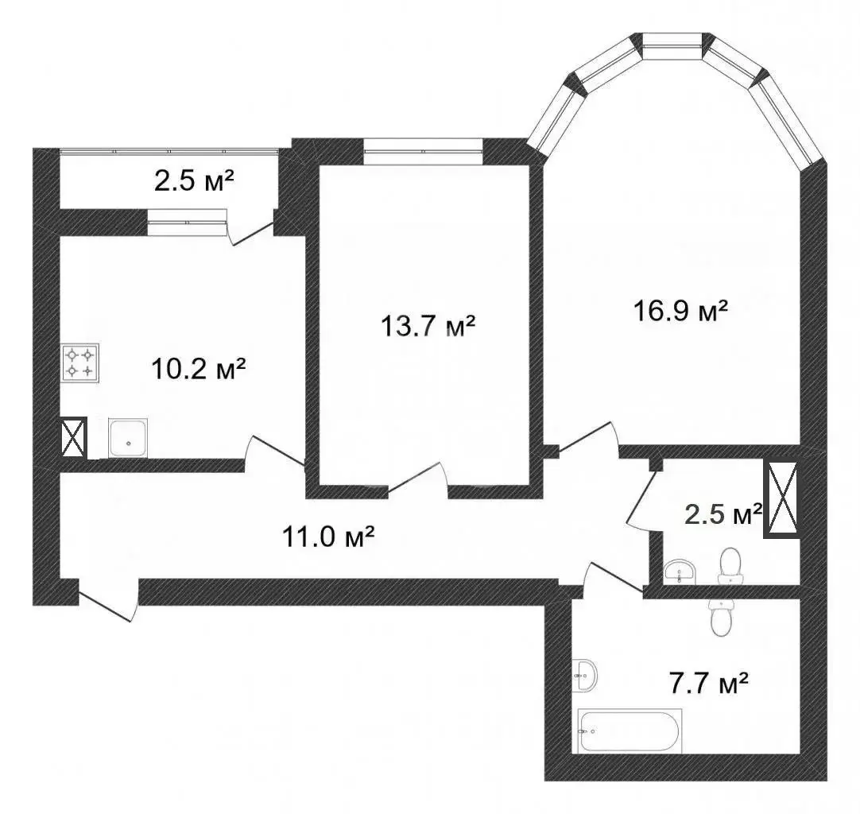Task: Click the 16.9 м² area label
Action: (680, 311)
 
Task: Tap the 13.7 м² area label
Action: (428, 326)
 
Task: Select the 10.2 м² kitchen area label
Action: (198, 369)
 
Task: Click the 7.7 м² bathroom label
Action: (709, 683)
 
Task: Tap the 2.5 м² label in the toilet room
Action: (723, 514)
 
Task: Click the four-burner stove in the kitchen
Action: (80, 362)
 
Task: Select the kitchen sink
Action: (128, 438)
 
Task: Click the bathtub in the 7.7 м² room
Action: (630, 731)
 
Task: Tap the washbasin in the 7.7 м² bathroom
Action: (585, 676)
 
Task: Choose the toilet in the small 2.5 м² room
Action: (730, 566)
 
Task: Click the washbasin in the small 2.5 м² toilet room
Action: (680, 572)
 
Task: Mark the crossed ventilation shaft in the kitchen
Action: (73, 437)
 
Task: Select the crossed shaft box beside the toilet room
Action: (782, 498)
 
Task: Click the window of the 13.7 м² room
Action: (423, 151)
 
